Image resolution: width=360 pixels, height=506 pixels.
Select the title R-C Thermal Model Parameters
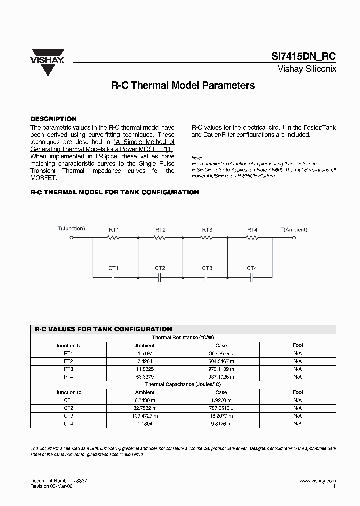[182, 85]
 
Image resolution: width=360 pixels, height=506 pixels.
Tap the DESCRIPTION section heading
[53, 119]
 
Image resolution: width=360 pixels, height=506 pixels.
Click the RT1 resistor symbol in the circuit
[114, 238]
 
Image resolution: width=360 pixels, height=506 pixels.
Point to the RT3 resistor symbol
[207, 238]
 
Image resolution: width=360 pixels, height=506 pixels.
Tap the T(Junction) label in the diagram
[71, 229]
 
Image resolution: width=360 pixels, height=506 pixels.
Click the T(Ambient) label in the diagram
[293, 229]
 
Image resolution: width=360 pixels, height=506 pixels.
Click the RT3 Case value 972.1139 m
[221, 369]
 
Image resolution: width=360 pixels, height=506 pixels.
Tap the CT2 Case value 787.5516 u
[221, 408]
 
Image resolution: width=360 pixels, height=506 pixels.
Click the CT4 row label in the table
[68, 424]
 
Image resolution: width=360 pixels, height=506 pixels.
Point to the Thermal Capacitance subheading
[182, 385]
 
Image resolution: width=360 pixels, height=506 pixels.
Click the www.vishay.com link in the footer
[317, 480]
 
